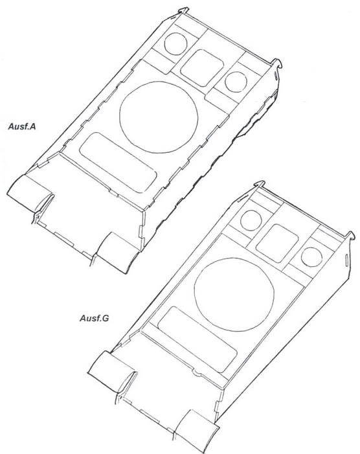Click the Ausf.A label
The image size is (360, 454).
22,126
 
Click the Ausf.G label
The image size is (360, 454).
94,318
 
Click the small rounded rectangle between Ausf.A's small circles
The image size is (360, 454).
202,68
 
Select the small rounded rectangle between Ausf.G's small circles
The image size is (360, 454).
277,244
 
